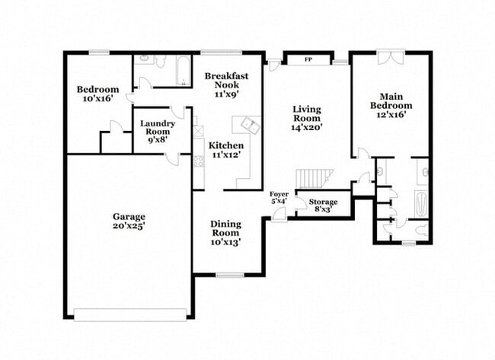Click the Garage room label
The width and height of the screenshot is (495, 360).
pos(128,215)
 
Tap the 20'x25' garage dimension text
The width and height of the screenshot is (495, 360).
pos(128,225)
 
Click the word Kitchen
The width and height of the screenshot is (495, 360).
pos(226,145)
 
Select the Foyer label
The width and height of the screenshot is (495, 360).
pos(279,194)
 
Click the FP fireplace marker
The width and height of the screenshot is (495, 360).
pos(308,59)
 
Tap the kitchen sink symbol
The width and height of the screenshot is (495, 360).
pos(248,125)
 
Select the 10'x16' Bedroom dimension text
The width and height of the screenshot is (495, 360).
pos(97,99)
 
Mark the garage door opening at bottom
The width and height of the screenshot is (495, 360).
pos(129,314)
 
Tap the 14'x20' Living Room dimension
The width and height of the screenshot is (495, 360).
pos(307,128)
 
